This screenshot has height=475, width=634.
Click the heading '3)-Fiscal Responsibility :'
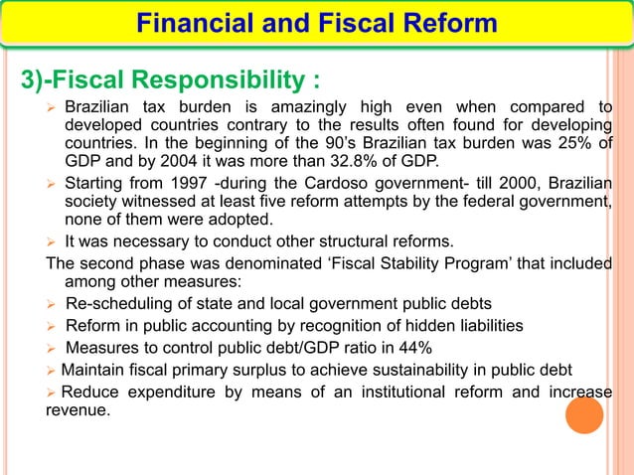164,78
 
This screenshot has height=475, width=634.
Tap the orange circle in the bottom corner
584,414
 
